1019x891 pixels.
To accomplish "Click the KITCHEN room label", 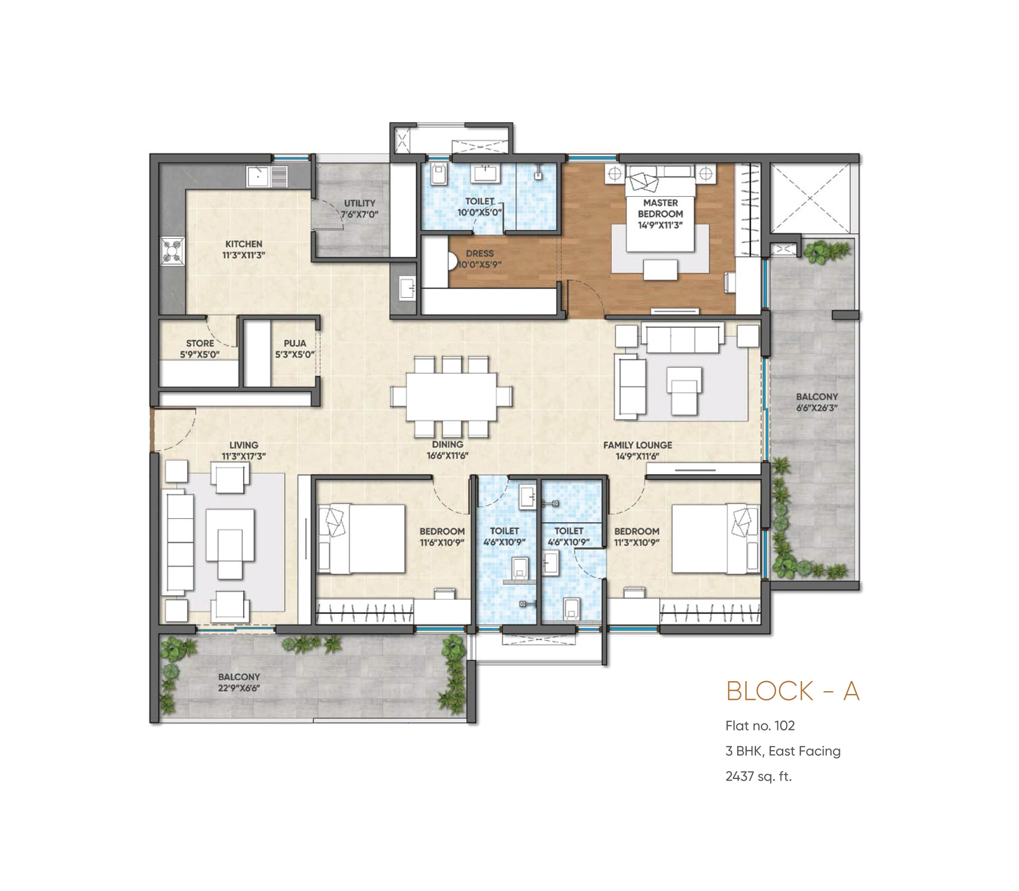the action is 243,244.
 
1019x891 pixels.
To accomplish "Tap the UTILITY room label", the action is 360,203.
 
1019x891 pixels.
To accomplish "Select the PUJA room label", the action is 295,344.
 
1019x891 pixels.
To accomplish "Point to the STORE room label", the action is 200,344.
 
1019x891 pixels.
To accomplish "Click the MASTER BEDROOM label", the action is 660,208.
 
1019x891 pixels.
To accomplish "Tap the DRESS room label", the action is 479,254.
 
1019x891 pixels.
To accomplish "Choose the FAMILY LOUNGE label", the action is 638,445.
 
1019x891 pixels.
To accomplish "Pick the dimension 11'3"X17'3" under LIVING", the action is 244,456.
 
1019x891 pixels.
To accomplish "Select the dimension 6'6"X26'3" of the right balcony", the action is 817,408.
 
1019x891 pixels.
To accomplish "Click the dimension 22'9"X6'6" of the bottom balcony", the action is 239,688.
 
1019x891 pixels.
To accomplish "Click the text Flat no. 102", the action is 760,726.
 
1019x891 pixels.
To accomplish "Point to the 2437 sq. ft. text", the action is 758,776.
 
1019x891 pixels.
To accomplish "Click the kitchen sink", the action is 258,177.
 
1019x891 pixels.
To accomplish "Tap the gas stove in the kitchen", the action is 173,250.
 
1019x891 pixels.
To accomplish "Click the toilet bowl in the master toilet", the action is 439,174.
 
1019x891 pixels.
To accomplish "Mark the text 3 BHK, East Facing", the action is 783,751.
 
